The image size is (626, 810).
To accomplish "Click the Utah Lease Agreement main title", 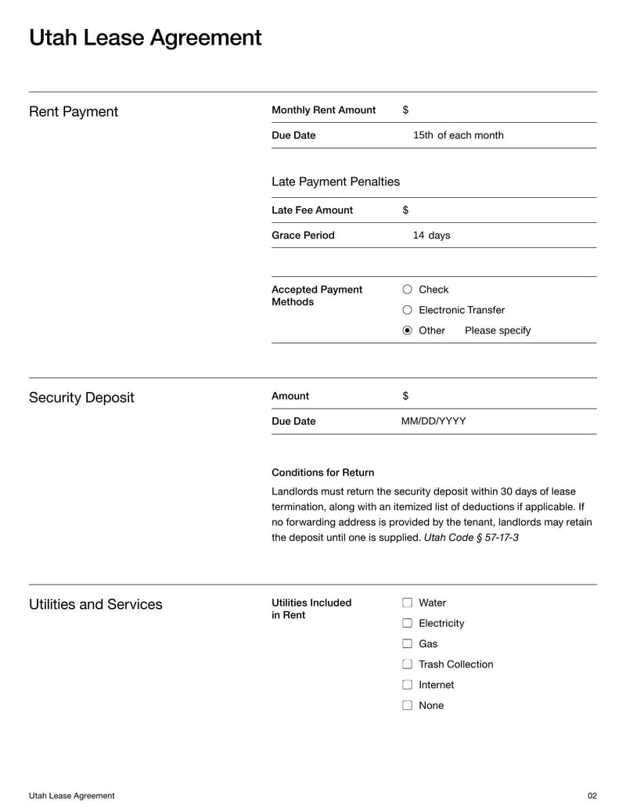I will [145, 38].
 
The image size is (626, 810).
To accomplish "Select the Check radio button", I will [407, 290].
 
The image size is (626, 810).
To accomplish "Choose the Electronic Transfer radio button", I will [407, 310].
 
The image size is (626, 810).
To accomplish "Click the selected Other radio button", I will [407, 330].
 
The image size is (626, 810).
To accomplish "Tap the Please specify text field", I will [498, 330].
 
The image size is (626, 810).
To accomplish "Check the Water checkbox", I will [407, 603].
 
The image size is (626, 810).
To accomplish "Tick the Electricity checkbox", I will [407, 623].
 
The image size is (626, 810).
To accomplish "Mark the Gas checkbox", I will [407, 643].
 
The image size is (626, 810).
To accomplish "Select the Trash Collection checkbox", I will [407, 664].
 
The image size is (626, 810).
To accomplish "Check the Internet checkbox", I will [407, 684].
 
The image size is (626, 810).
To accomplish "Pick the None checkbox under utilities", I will [407, 704].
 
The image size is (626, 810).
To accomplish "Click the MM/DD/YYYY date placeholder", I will [434, 421].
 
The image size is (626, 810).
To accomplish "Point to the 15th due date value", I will [423, 135].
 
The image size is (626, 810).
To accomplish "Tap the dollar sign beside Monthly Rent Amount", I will [405, 110].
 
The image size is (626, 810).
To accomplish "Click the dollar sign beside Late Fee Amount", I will [405, 211].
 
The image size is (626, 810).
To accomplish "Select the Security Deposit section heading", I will [81, 398].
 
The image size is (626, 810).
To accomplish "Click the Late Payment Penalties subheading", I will [335, 182].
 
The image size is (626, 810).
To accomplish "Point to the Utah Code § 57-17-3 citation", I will [471, 538].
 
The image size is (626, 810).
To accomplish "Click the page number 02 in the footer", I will [592, 796].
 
